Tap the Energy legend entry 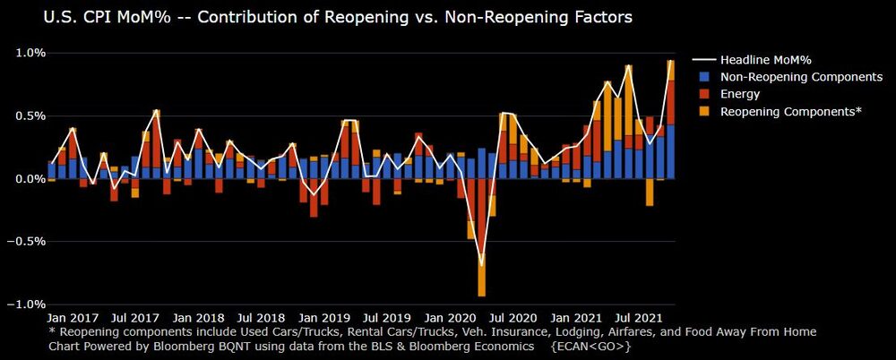(740, 94)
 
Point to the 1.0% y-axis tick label (26, 53)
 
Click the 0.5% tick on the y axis (26, 116)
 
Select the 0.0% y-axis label (26, 179)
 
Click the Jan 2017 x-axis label (72, 318)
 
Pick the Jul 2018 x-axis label (261, 318)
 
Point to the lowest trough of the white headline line (482, 266)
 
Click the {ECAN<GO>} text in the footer (591, 345)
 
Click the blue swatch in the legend (704, 77)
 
